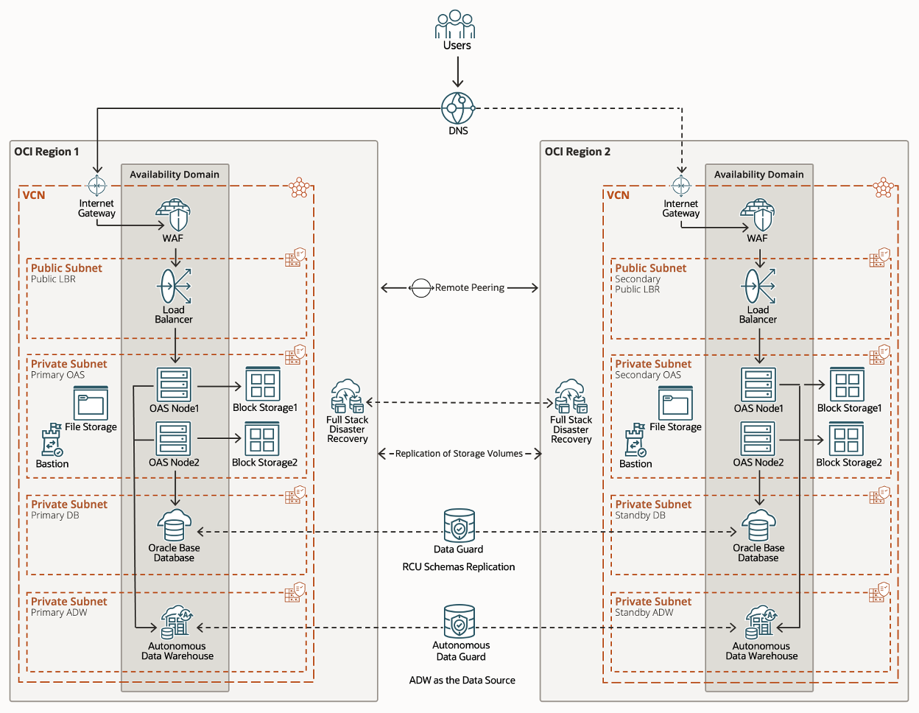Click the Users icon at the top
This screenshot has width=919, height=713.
point(455,24)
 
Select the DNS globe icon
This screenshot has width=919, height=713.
point(457,108)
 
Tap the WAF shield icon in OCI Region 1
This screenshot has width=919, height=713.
point(174,215)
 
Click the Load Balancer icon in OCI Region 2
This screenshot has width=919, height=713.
point(759,287)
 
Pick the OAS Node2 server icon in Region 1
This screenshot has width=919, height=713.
point(174,438)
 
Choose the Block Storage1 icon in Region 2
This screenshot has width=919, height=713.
point(847,384)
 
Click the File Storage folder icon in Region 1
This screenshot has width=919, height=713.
point(91,403)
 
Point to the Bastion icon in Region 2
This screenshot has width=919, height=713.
point(635,440)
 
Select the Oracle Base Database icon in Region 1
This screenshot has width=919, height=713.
point(175,526)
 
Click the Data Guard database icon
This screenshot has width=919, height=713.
point(459,525)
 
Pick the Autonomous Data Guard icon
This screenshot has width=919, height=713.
point(459,622)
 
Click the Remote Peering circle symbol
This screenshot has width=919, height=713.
point(420,288)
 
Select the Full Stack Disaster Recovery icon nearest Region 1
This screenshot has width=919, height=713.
point(347,397)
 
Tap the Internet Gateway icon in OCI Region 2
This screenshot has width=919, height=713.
point(681,186)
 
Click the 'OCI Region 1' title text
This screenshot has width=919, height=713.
point(46,152)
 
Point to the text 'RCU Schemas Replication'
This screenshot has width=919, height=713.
point(458,567)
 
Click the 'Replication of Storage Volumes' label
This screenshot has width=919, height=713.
point(459,454)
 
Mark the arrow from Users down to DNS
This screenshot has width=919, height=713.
point(457,73)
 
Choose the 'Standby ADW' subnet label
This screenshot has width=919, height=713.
point(644,613)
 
